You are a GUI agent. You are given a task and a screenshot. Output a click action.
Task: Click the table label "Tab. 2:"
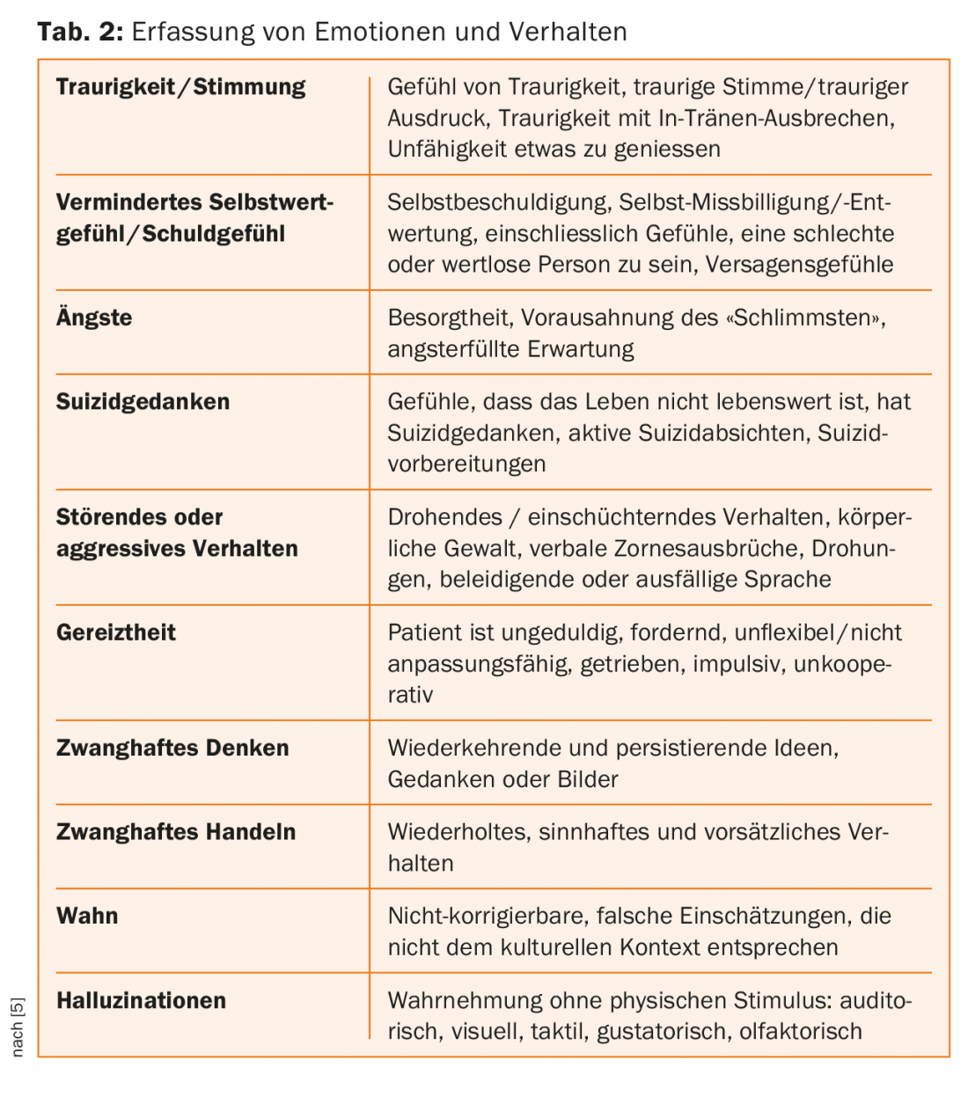(x=80, y=33)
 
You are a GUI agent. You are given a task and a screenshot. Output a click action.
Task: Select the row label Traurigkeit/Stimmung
(x=180, y=87)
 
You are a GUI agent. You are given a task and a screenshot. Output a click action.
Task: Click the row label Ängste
(x=94, y=318)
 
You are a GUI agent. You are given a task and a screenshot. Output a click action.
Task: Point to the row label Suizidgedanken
(x=143, y=402)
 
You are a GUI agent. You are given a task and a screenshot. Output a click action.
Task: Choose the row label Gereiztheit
(x=115, y=632)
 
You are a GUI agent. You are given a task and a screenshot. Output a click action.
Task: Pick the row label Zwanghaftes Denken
(x=172, y=748)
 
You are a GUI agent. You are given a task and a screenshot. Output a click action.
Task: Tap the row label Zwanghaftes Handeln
(x=176, y=832)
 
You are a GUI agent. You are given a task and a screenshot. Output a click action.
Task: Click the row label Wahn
(x=87, y=916)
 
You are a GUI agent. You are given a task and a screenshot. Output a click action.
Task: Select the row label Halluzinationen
(x=141, y=1000)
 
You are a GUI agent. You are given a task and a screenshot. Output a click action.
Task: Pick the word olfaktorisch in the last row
(x=801, y=1031)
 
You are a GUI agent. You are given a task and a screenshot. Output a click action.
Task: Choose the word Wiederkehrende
(x=475, y=748)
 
